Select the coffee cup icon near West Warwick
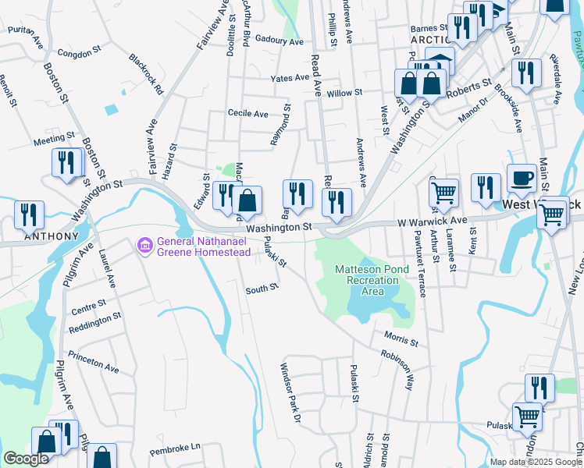pos(521,179)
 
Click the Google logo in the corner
pos(26,459)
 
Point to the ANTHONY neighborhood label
pos(51,236)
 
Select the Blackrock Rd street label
pos(147,74)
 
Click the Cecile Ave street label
pos(247,114)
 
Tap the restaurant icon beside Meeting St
pos(66,162)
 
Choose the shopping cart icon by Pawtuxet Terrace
pos(443,192)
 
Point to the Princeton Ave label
pos(93,364)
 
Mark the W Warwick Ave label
pos(431,222)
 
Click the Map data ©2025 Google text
pos(535,462)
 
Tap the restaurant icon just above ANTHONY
pos(29,214)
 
